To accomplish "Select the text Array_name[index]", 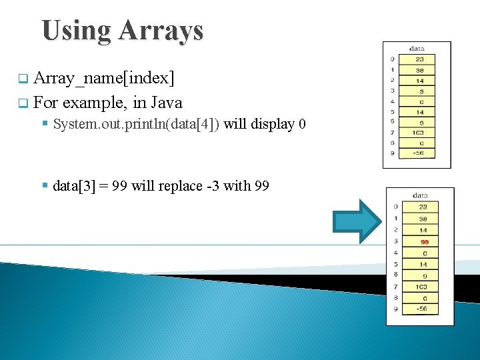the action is (x=104, y=79).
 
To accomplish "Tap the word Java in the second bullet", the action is (x=167, y=103).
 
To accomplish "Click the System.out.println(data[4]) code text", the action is (x=136, y=124).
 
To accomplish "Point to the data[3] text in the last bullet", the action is (x=72, y=186).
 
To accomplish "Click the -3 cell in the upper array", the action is (x=421, y=90).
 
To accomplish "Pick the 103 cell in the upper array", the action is (x=419, y=133).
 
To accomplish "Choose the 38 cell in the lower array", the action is (x=423, y=219).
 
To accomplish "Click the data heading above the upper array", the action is (x=417, y=49).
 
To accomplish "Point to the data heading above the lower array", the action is (x=420, y=195).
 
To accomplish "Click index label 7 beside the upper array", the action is (x=393, y=133).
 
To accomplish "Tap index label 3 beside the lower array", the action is (x=396, y=241).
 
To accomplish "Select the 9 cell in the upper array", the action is (x=421, y=122).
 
